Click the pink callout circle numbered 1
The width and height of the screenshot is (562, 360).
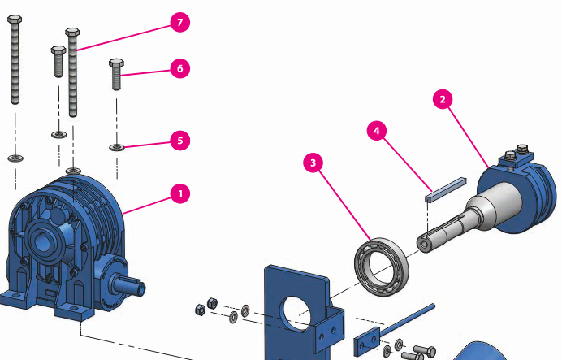click(179, 193)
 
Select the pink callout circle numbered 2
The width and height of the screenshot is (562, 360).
click(443, 100)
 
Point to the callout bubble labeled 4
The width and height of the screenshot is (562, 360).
click(375, 130)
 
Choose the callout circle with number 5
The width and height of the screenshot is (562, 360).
click(179, 141)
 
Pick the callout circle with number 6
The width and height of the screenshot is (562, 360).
click(179, 69)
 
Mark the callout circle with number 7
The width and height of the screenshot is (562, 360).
click(179, 23)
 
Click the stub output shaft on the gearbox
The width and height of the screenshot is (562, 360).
click(130, 285)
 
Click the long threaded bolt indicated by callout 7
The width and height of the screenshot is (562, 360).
click(73, 73)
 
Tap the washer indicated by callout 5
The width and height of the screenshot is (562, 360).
click(116, 147)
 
